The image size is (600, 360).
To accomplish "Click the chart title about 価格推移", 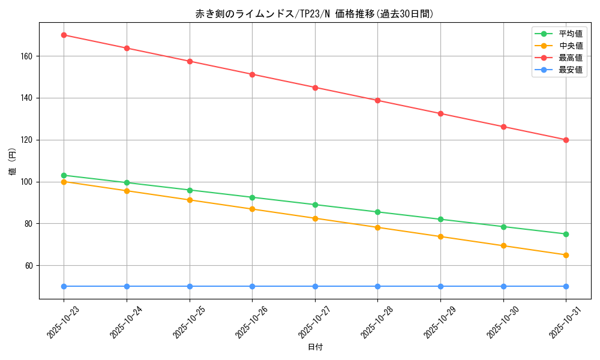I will [x=314, y=14].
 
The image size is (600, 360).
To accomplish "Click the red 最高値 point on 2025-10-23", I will [x=64, y=35].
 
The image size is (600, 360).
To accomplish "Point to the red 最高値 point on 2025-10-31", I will [x=566, y=140].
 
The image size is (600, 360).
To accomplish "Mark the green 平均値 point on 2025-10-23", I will [x=64, y=175].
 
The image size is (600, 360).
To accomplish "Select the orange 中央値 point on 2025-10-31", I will [x=566, y=255].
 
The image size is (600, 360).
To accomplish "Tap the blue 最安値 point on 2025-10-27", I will [x=315, y=286].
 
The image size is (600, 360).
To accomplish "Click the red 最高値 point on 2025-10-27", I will [x=315, y=88].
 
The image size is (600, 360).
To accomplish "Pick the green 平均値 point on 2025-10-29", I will [x=440, y=219].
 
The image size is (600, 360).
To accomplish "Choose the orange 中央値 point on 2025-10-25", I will [x=190, y=200].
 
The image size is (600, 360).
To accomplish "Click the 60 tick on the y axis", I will [x=29, y=265].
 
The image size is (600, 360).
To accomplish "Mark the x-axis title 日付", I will [x=315, y=347].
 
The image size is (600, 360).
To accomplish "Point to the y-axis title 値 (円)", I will [x=13, y=161].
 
